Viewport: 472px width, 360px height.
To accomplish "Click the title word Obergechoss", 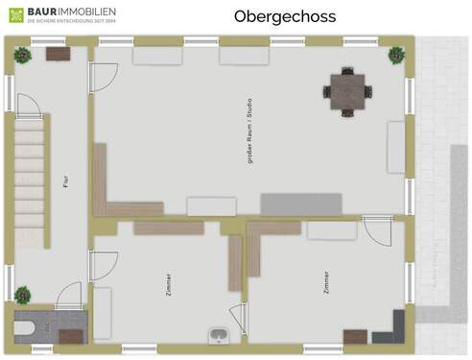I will (x=271, y=16).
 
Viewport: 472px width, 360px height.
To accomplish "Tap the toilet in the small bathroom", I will (x=22, y=328).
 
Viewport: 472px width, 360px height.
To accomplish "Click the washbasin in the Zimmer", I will (x=219, y=334).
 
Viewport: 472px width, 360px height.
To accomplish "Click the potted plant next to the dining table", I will (x=395, y=56).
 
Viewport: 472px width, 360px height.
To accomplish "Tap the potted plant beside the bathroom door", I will (x=22, y=294).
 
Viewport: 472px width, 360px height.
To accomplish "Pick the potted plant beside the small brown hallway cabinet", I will (x=22, y=56).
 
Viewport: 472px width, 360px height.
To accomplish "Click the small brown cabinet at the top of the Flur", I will (x=58, y=55).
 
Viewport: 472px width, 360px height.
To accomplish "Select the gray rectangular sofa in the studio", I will (x=301, y=204).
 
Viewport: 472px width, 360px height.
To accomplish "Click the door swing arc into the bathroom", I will (x=69, y=296).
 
